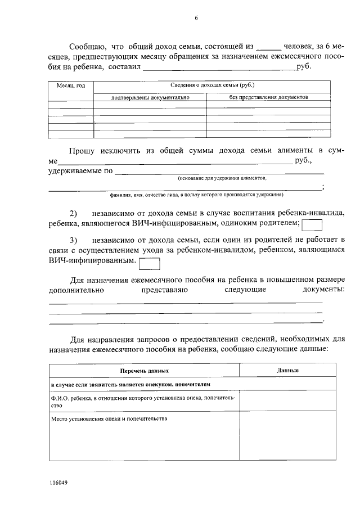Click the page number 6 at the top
[196, 18]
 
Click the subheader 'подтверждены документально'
[150, 97]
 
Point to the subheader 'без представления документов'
[268, 97]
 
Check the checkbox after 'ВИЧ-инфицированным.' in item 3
[150, 263]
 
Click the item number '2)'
[74, 214]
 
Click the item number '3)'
[74, 240]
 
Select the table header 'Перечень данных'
[145, 371]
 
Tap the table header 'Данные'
[287, 371]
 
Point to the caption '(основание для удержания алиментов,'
[222, 178]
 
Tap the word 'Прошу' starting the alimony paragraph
[83, 150]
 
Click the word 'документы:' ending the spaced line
[323, 289]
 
